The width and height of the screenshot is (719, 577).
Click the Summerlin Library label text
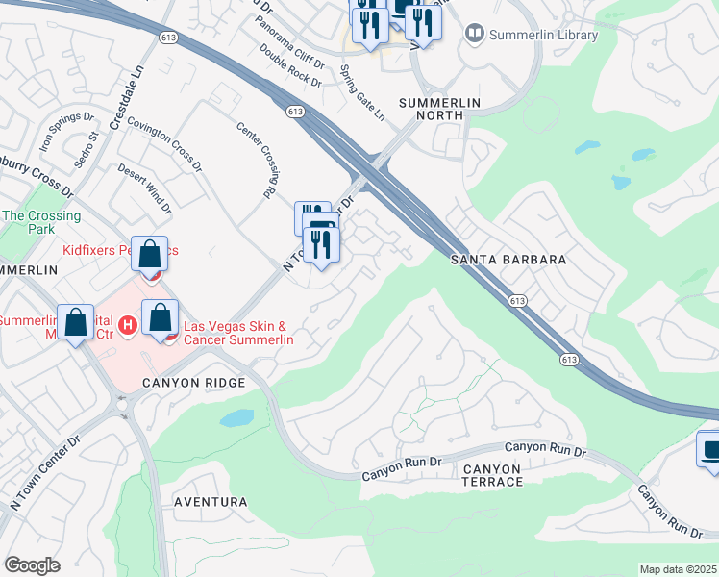544,36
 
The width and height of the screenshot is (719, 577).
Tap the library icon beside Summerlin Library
474,35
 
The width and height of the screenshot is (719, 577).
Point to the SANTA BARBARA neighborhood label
508,260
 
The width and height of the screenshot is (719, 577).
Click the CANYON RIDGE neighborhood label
194,383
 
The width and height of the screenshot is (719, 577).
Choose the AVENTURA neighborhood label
211,502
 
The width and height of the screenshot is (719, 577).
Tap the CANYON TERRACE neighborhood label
491,474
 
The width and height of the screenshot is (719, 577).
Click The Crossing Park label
40,223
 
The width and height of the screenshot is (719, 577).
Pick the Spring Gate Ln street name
362,92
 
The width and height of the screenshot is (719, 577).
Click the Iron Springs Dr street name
66,136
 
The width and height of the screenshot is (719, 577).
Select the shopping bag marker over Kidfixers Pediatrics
150,256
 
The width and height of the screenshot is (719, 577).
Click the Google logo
33,565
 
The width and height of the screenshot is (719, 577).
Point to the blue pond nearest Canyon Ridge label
236,418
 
